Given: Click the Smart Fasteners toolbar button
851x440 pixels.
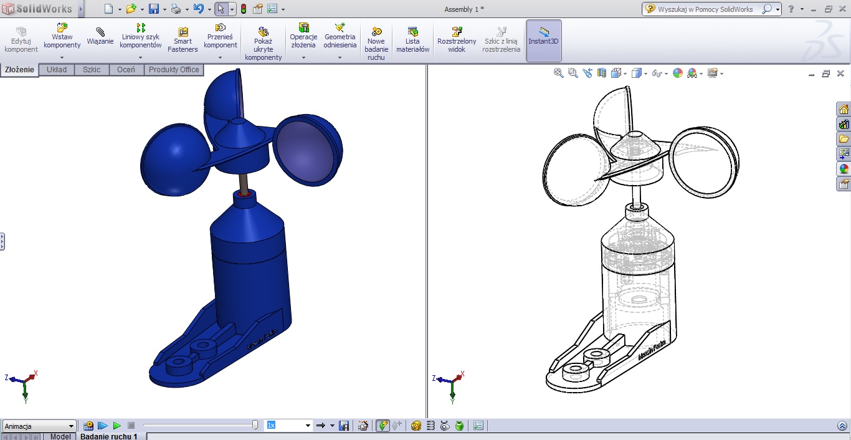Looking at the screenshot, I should pos(183,40).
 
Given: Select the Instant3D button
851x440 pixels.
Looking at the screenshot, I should pos(544,41).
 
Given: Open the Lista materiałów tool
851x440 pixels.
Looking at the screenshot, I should pos(413,40).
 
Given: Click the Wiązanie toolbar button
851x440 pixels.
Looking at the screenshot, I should pos(100,36).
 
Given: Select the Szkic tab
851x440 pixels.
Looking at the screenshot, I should pos(92,70).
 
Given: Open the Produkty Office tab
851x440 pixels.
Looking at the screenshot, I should pos(174,70).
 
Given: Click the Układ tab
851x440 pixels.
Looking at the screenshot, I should pos(57,70).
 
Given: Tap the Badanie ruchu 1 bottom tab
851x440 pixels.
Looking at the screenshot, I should pos(108,436).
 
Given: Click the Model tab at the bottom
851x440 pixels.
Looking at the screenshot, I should pos(60,436).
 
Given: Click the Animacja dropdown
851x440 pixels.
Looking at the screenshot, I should pos(39,426).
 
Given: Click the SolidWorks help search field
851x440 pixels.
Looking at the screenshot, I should pos(706,9).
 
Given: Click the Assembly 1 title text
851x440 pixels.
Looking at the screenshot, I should pos(464,9).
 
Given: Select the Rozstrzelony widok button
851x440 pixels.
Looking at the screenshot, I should pos(457,40).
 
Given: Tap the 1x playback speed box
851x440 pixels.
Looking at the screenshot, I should pos(288,425).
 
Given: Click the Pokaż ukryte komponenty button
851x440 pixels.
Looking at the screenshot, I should pos(263,44).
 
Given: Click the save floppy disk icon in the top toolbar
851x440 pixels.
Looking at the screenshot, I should pos(153,9).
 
